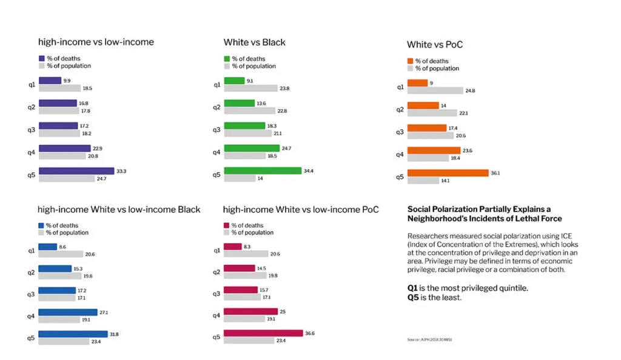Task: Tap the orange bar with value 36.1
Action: coord(448,173)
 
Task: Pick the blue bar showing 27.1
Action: coord(67,313)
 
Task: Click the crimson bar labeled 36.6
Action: coord(263,333)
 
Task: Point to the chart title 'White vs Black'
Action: coord(254,42)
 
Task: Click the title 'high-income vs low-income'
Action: coord(96,42)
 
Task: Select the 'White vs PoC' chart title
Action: coord(435,45)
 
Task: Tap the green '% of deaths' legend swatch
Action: coord(227,59)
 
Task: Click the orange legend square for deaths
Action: coord(410,61)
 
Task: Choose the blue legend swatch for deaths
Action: coord(41,225)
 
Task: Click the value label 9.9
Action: coord(67,81)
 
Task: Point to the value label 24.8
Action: coord(469,91)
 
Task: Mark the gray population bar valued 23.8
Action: coord(250,88)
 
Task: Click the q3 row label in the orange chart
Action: coord(400,132)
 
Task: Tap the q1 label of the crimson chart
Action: coord(217,250)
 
